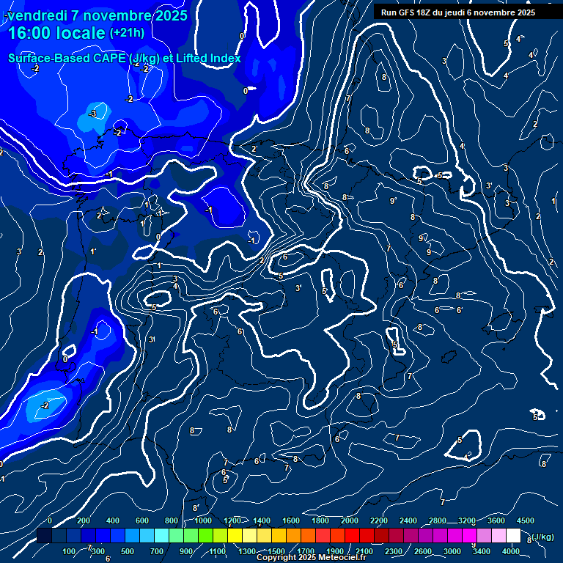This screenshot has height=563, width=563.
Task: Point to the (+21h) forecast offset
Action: pos(127,33)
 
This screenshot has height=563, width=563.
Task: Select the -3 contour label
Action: pos(92,114)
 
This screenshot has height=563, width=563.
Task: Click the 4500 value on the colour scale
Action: pos(525,520)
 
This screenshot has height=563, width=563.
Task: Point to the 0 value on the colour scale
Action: pos(50,520)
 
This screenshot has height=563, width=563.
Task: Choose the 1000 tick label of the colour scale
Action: pos(203,520)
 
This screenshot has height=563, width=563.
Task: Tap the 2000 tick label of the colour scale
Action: pos(350,520)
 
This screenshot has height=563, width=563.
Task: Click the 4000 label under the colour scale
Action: pos(511,551)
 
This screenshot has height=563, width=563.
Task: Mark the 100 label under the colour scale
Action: pos(70,551)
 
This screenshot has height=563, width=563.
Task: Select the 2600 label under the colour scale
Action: pos(423,551)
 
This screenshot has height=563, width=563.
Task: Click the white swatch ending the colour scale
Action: pos(513,536)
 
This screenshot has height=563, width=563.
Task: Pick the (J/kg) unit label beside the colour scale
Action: pos(542,537)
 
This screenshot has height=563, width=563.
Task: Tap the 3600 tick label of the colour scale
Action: pos(496,520)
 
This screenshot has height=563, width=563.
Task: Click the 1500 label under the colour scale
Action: pos(276,551)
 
